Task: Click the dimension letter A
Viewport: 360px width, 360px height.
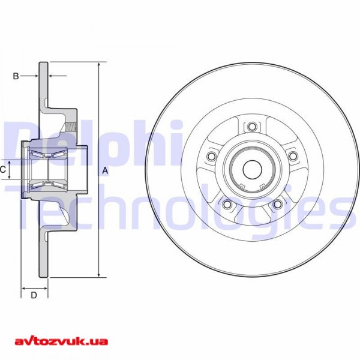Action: (106, 171)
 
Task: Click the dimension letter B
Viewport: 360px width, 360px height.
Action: (16, 76)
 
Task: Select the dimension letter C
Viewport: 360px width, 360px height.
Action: (3, 170)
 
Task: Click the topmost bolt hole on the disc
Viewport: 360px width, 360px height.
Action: (252, 127)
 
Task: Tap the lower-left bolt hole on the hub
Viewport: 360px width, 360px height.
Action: (227, 205)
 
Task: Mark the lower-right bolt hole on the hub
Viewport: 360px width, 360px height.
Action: (277, 205)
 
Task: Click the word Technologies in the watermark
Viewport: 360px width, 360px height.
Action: (180, 207)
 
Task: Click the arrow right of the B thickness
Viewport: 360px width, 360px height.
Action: (57, 76)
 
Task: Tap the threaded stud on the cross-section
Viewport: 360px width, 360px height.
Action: (73, 128)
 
